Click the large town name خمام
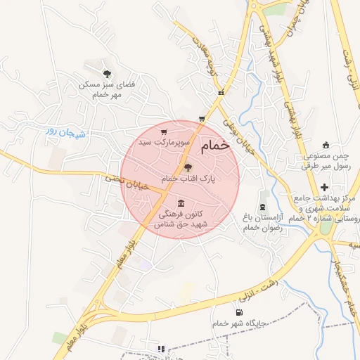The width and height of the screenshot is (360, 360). click(x=215, y=146)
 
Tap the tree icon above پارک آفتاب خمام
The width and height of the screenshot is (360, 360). click(x=187, y=167)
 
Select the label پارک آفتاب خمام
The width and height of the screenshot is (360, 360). click(x=188, y=179)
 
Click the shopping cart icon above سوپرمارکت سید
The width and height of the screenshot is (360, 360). click(x=164, y=131)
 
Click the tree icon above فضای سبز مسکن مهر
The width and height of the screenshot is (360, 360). click(x=107, y=73)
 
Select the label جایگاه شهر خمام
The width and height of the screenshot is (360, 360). click(x=238, y=324)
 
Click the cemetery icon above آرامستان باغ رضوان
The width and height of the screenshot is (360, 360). click(x=262, y=207)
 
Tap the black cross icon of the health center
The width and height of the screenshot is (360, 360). click(x=324, y=187)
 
